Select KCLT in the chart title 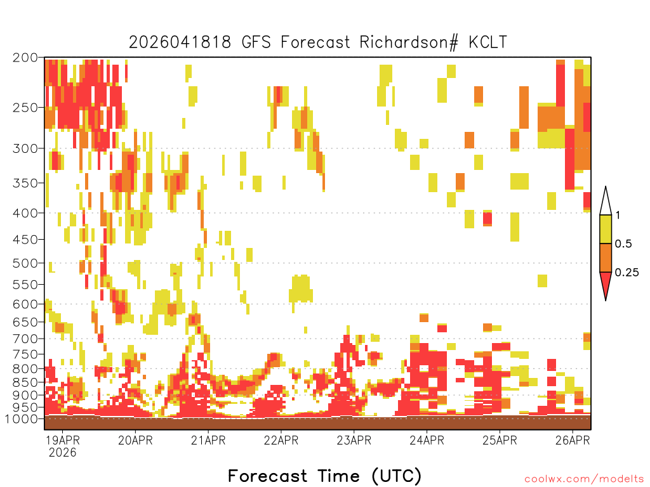tap(488, 42)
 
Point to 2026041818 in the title tap(180, 42)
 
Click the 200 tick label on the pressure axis tap(25, 58)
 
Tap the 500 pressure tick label tap(25, 263)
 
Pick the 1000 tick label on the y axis tap(21, 419)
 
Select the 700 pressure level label tap(25, 339)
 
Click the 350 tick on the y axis tap(25, 183)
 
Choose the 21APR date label tap(208, 440)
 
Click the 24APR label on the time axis tap(427, 440)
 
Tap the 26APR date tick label tap(573, 440)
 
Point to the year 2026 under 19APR tap(63, 453)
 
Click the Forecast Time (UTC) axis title tap(324, 476)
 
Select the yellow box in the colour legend tap(606, 229)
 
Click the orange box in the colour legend tap(606, 257)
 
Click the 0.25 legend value tap(627, 273)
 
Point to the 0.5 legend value tap(623, 244)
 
